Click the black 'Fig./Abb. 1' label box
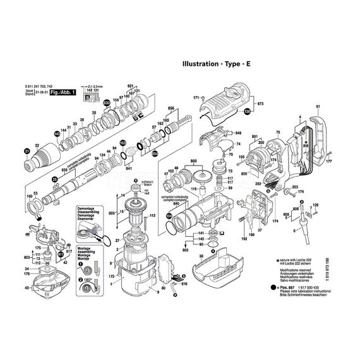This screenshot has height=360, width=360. click(x=63, y=92)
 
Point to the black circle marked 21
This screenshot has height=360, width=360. click(x=27, y=150)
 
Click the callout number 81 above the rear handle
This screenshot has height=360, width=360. click(x=318, y=106)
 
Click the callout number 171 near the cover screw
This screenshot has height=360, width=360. click(x=196, y=98)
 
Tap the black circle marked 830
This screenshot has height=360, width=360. click(x=106, y=102)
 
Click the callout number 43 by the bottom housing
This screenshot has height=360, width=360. click(x=27, y=289)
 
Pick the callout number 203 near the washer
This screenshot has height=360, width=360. click(x=294, y=188)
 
